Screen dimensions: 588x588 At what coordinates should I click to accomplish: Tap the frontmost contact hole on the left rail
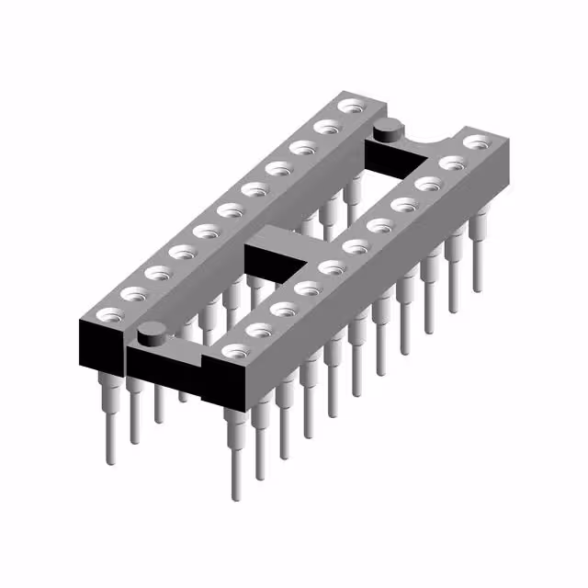coord(107,313)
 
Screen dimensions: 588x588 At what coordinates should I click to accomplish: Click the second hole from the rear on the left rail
coord(325,126)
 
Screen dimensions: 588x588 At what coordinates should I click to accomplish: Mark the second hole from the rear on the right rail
coord(451,163)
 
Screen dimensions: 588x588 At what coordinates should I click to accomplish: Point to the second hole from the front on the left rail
coord(132,292)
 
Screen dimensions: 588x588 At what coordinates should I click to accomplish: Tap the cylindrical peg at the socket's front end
coord(152,336)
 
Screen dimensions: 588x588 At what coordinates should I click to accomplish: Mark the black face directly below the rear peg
coord(390,157)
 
